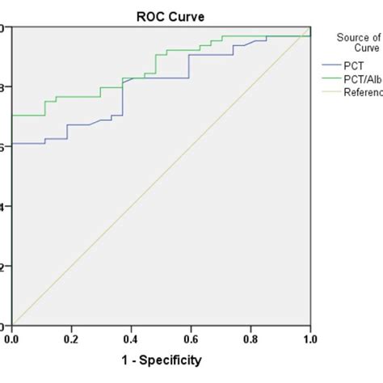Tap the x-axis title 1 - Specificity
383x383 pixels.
[161, 360]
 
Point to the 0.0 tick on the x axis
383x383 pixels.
[12, 339]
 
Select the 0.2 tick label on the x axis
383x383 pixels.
[72, 339]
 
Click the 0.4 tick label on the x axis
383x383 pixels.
[132, 339]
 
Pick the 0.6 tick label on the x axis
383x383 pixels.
[191, 339]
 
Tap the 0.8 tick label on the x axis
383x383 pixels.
[250, 339]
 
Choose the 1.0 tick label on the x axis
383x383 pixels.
[309, 339]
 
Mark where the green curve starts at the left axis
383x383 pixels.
[13, 116]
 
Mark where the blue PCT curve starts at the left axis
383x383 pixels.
[13, 144]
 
